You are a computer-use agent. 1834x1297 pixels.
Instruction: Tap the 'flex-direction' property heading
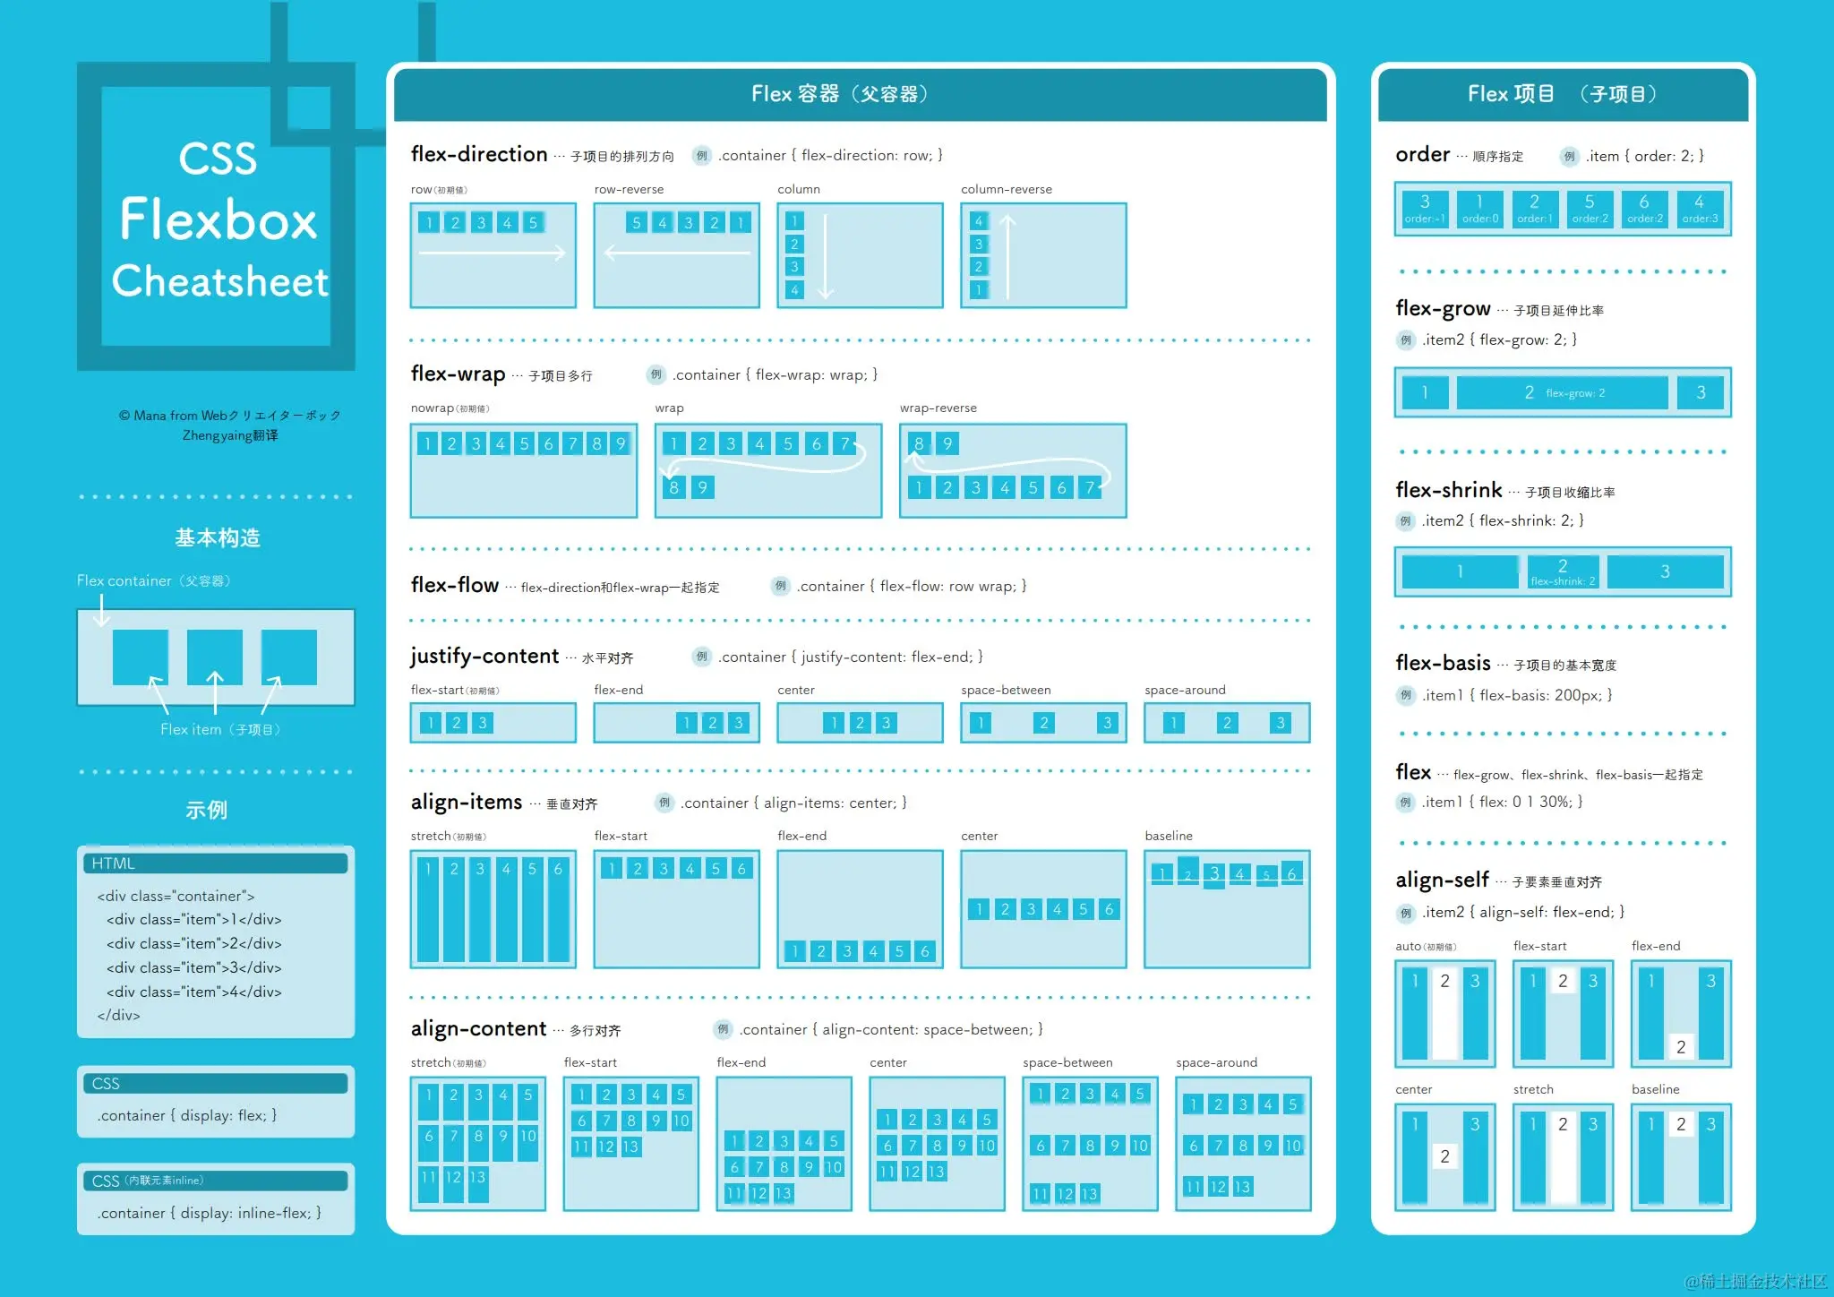[x=479, y=155]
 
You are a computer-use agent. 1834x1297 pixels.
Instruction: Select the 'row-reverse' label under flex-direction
[x=629, y=190]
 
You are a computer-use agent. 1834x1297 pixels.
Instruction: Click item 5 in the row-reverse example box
[x=636, y=223]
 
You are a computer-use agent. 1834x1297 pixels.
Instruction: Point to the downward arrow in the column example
[x=826, y=256]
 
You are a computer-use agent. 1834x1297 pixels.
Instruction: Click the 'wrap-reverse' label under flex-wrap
[x=938, y=408]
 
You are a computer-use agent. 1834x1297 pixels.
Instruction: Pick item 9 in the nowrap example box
[x=621, y=443]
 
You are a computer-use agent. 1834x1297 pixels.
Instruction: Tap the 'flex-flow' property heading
[x=454, y=586]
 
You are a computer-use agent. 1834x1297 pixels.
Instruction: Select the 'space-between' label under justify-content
[x=1006, y=691]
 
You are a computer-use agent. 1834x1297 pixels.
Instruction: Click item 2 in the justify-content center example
[x=860, y=723]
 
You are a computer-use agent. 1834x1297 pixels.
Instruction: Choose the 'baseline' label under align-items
[x=1168, y=837]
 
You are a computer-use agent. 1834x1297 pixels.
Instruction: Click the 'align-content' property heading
[x=478, y=1029]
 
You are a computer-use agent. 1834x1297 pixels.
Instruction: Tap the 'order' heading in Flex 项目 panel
[x=1422, y=155]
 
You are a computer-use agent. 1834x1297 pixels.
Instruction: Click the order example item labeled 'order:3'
[x=1699, y=209]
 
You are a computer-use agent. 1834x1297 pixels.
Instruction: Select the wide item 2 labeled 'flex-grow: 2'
[x=1562, y=392]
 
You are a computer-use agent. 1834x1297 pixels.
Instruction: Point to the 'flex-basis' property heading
[x=1443, y=664]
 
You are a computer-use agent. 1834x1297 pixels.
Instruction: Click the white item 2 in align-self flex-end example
[x=1680, y=1046]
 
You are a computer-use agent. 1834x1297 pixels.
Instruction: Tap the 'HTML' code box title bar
[x=215, y=863]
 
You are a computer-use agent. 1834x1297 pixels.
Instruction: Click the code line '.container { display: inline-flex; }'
[x=210, y=1213]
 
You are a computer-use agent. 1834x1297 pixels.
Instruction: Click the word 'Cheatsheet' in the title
[x=220, y=281]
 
